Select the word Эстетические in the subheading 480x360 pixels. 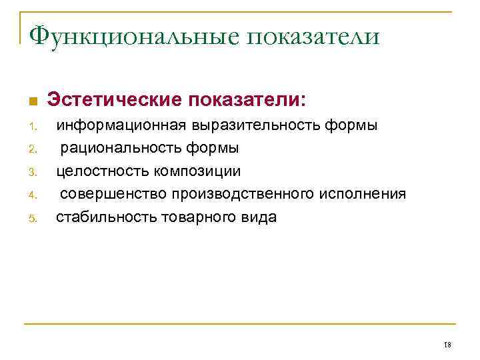[113, 100]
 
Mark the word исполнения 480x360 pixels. [362, 194]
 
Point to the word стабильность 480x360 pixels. [107, 217]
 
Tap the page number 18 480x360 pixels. [447, 344]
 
